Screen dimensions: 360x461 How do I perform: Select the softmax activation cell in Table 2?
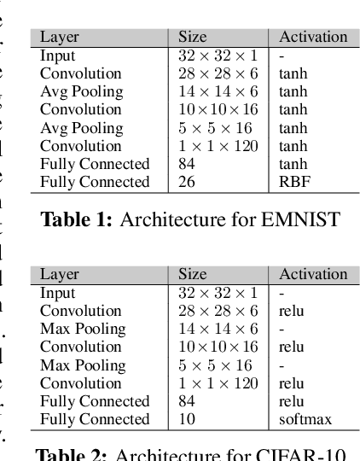click(x=305, y=419)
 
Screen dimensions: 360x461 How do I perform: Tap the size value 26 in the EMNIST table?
click(x=187, y=182)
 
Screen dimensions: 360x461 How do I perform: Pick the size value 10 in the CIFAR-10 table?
click(x=187, y=419)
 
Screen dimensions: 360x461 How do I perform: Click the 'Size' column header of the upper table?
click(x=192, y=37)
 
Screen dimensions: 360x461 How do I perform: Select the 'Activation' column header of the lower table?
click(x=313, y=274)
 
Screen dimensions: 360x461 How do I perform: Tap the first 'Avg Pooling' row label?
click(x=81, y=91)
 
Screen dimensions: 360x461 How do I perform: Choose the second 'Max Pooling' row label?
click(x=82, y=365)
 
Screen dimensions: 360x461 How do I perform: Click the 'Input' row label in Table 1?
click(x=57, y=55)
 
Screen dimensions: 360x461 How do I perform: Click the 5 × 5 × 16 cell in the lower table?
click(x=215, y=365)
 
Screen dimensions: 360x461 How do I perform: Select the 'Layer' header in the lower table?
click(x=59, y=274)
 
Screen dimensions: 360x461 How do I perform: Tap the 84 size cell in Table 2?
click(x=187, y=401)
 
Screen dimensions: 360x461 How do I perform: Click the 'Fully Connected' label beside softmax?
click(x=95, y=419)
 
